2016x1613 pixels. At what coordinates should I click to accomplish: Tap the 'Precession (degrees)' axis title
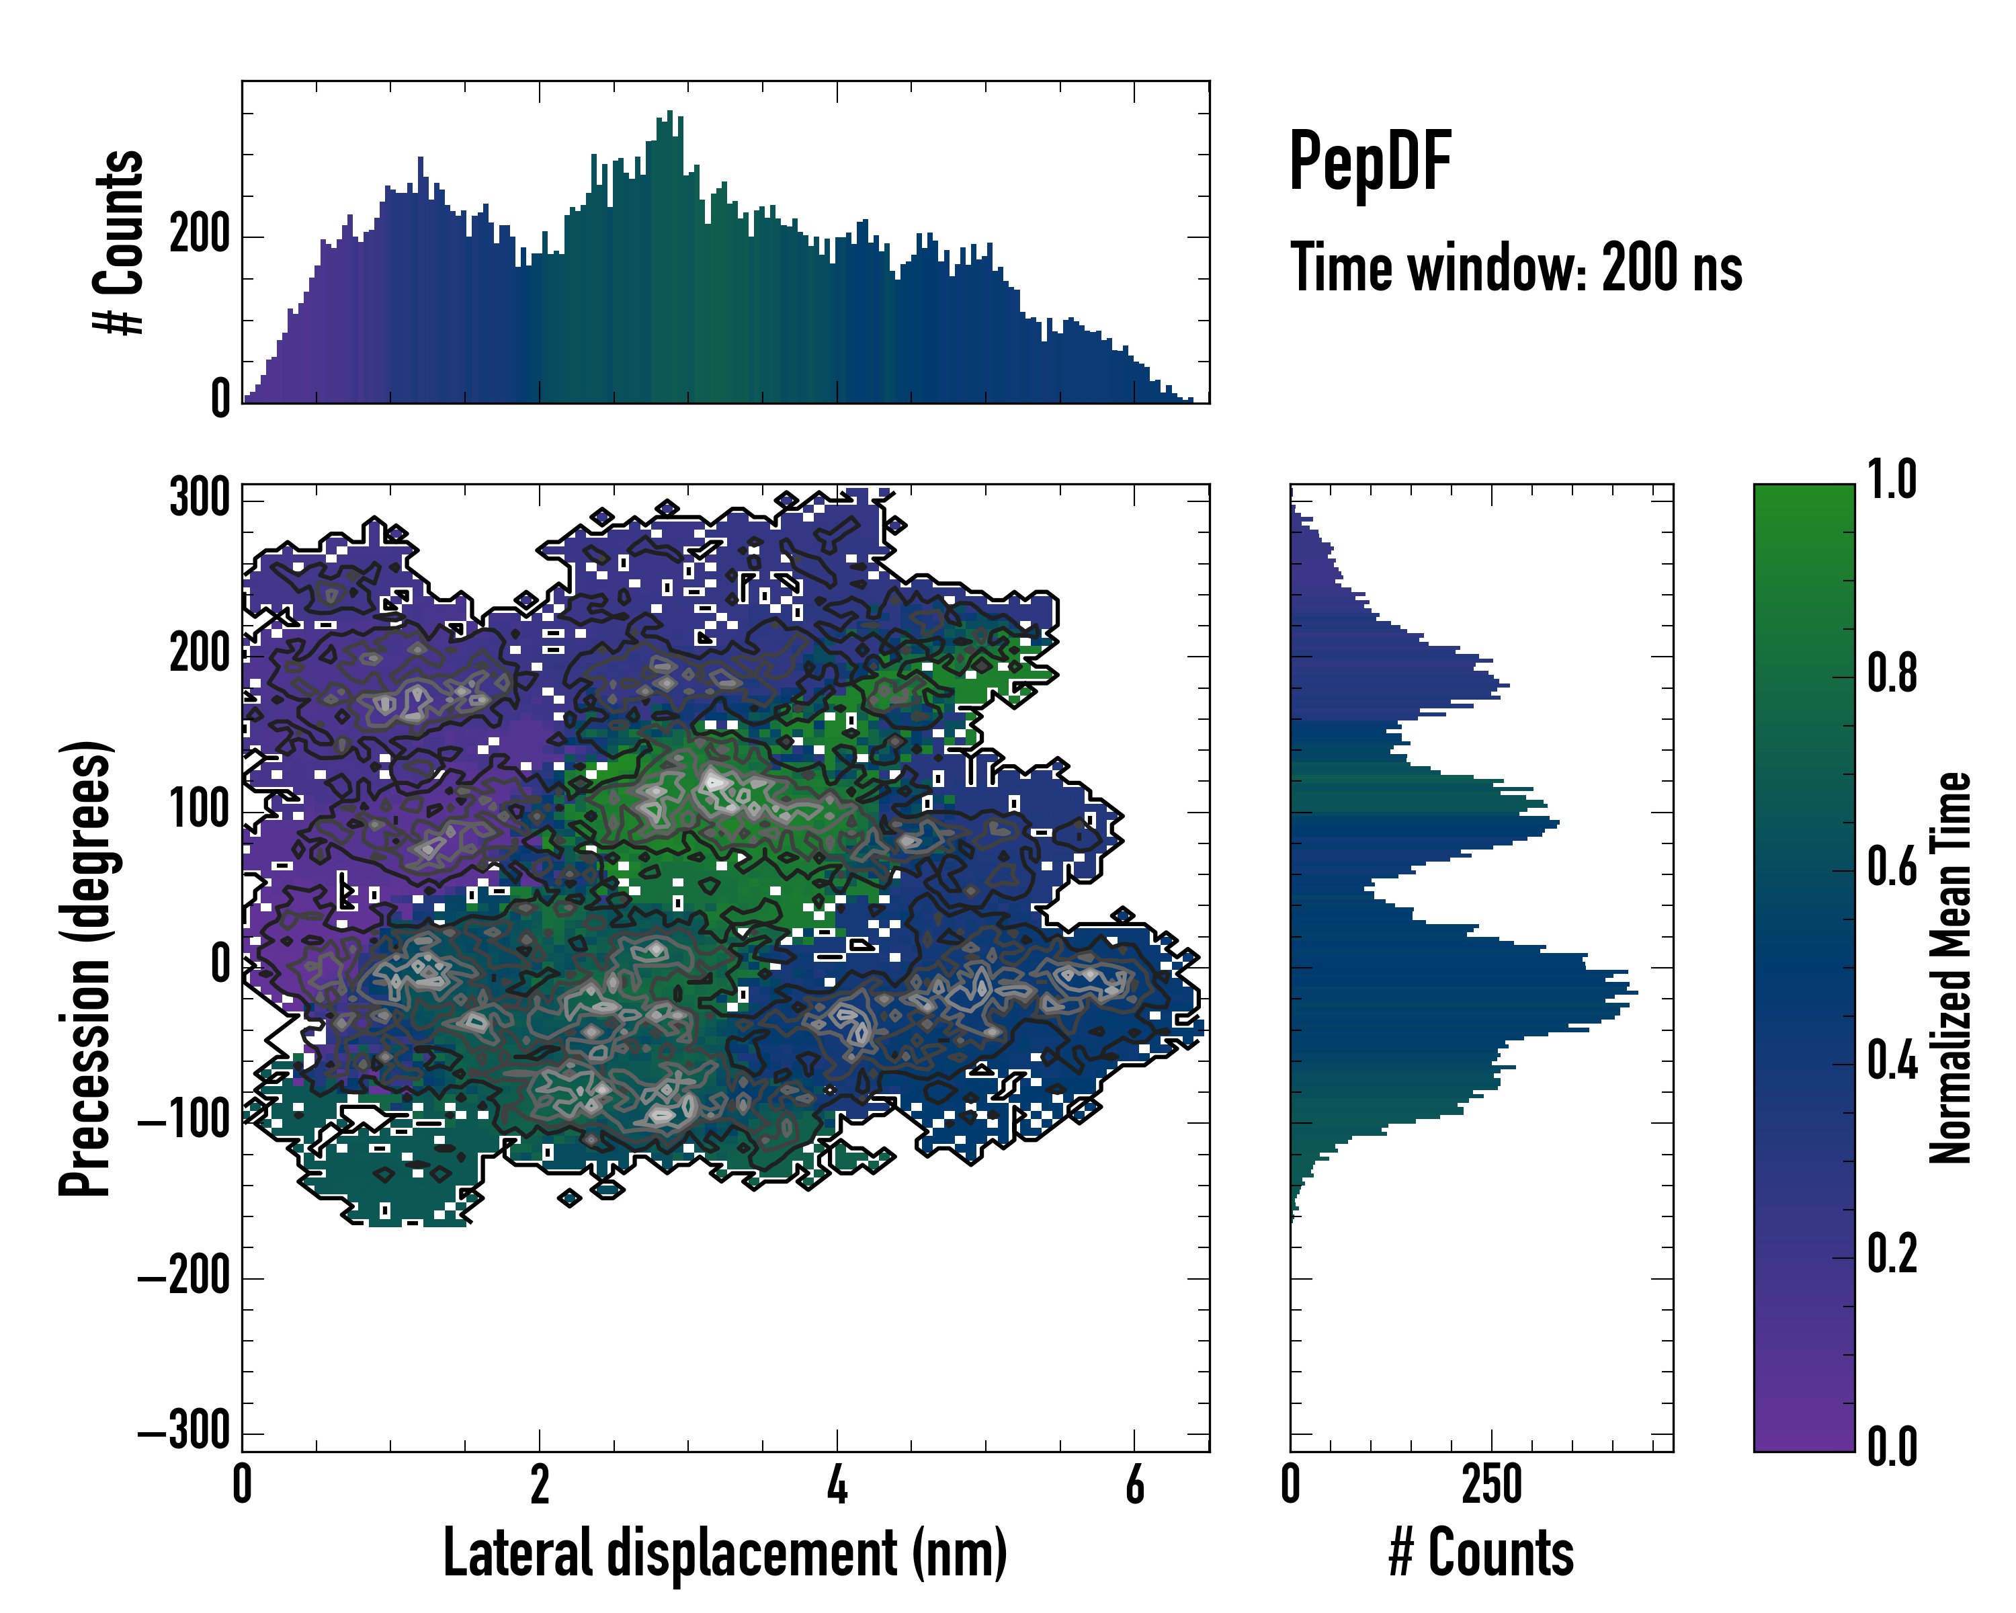tap(86, 968)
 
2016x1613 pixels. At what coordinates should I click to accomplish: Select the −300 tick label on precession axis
tap(184, 1431)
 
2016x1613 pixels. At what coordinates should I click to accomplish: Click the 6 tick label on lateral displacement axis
tap(1134, 1485)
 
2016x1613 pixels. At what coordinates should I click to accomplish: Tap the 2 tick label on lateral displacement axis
tap(540, 1485)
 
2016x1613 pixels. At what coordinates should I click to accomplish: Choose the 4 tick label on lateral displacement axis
tap(837, 1485)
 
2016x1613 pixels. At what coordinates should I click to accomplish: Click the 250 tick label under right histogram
tap(1491, 1485)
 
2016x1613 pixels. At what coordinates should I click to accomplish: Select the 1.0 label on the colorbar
tap(1892, 481)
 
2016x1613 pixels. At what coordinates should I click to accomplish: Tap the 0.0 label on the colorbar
tap(1892, 1446)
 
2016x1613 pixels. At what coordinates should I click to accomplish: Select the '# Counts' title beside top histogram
tap(120, 241)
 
